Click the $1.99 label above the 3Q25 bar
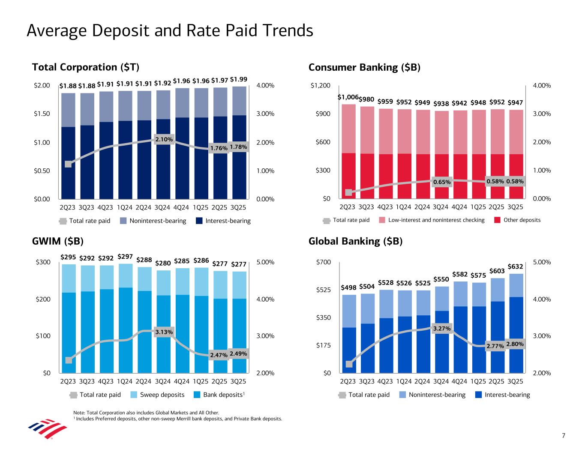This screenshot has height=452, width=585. click(x=238, y=79)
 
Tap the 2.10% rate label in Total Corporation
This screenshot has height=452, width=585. click(x=164, y=139)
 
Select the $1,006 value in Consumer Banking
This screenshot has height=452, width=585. click(x=348, y=98)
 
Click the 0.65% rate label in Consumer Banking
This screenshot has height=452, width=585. click(x=442, y=182)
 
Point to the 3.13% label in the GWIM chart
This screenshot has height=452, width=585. click(x=164, y=332)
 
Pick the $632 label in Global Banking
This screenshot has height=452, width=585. click(x=515, y=266)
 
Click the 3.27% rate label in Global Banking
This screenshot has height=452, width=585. click(x=442, y=329)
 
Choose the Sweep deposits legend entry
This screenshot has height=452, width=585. click(x=162, y=395)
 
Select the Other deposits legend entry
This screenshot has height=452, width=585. click(x=522, y=220)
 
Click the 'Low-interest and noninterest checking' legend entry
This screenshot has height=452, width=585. click(x=436, y=220)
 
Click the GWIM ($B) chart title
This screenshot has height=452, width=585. click(x=58, y=241)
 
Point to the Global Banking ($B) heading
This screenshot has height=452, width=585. click(x=355, y=241)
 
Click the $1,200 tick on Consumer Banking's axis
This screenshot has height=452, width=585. click(x=320, y=86)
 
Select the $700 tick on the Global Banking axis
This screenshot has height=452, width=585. click(x=323, y=262)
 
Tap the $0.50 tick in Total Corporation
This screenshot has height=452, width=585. click(x=42, y=171)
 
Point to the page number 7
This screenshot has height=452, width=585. click(x=564, y=436)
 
